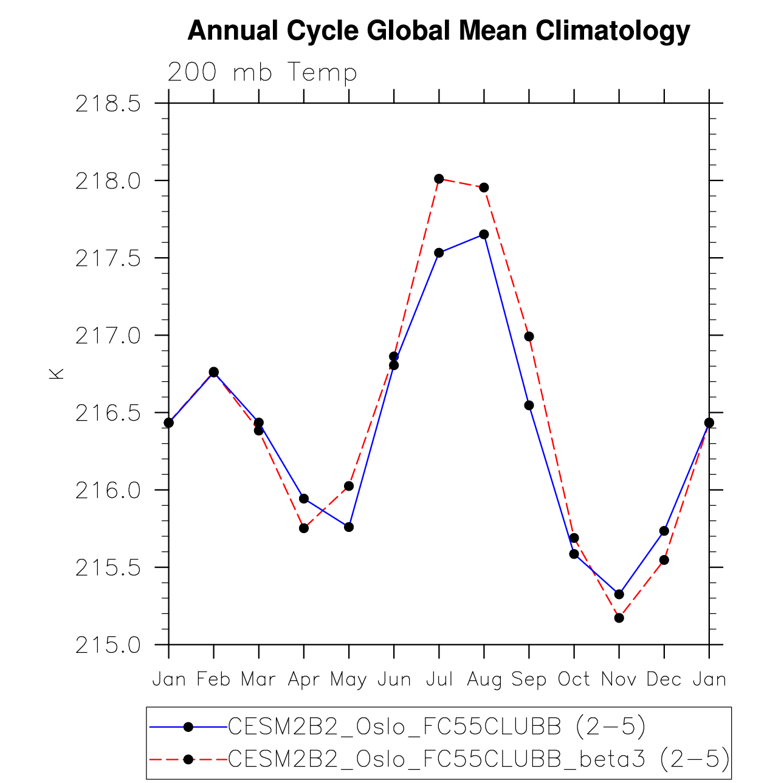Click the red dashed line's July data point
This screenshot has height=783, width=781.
click(439, 179)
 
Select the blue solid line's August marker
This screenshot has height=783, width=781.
click(484, 235)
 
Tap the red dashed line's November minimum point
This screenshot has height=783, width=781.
click(619, 618)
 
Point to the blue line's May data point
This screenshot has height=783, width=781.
click(349, 527)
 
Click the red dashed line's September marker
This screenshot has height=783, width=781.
click(529, 337)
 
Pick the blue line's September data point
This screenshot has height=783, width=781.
click(529, 405)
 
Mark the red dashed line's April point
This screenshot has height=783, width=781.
click(304, 528)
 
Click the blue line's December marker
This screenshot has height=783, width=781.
click(664, 531)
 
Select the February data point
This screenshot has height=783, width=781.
click(214, 372)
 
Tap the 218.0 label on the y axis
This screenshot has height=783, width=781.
click(108, 181)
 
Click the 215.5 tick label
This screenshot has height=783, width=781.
click(108, 568)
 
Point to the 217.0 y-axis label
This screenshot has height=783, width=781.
click(108, 336)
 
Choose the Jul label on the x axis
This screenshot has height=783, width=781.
click(439, 679)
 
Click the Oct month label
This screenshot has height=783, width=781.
click(574, 679)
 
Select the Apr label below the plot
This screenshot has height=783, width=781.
click(304, 680)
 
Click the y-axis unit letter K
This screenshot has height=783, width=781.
click(57, 374)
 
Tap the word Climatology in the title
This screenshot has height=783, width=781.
click(613, 30)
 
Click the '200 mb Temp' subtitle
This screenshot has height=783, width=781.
click(262, 72)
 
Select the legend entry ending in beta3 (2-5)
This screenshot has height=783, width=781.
click(478, 759)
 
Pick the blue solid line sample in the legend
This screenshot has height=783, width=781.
click(188, 726)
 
